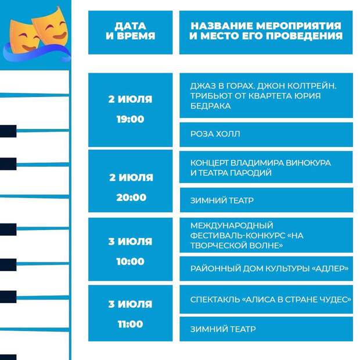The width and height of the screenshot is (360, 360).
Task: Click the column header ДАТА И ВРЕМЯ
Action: (131, 31)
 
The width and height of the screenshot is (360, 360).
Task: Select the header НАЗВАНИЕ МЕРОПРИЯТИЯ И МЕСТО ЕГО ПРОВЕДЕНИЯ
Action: (266, 31)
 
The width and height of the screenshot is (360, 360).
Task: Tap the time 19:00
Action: (131, 119)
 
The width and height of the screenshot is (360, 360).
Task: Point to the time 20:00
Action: (131, 197)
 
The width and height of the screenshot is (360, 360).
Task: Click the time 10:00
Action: (131, 261)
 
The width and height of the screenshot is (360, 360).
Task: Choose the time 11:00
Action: (131, 324)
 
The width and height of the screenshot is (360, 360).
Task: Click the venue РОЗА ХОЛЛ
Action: (215, 134)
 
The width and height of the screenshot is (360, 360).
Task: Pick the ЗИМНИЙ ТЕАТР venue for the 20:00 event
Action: (222, 200)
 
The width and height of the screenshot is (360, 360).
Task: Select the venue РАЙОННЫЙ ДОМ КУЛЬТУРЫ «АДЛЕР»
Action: (269, 268)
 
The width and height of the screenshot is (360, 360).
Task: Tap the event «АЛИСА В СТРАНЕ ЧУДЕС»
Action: (271, 300)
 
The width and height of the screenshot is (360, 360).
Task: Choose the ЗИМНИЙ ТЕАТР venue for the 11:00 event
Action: (223, 329)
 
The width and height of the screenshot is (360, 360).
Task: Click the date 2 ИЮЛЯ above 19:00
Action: (130, 99)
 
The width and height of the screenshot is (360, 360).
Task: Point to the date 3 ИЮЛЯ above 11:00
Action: (130, 304)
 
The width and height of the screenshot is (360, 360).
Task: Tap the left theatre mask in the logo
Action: (24, 37)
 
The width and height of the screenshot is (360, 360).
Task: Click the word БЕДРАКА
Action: (210, 106)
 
